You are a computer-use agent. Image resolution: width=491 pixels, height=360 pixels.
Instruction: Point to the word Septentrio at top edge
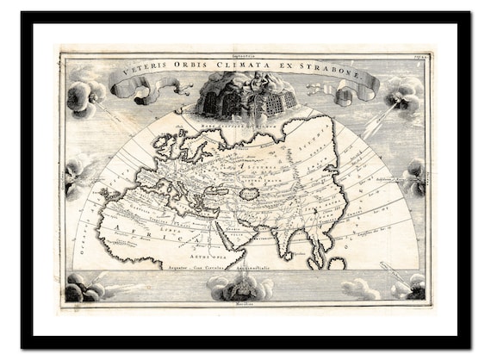click(246, 53)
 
